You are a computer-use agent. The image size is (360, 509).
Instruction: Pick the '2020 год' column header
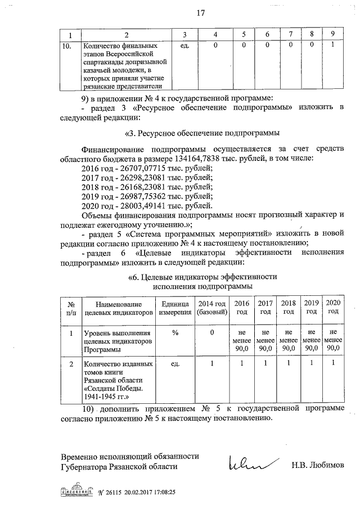click(333, 307)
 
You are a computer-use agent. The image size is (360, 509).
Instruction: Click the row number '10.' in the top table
click(66, 44)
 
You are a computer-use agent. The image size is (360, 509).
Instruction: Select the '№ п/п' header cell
click(71, 307)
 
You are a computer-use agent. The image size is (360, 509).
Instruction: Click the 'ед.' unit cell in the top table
click(183, 44)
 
